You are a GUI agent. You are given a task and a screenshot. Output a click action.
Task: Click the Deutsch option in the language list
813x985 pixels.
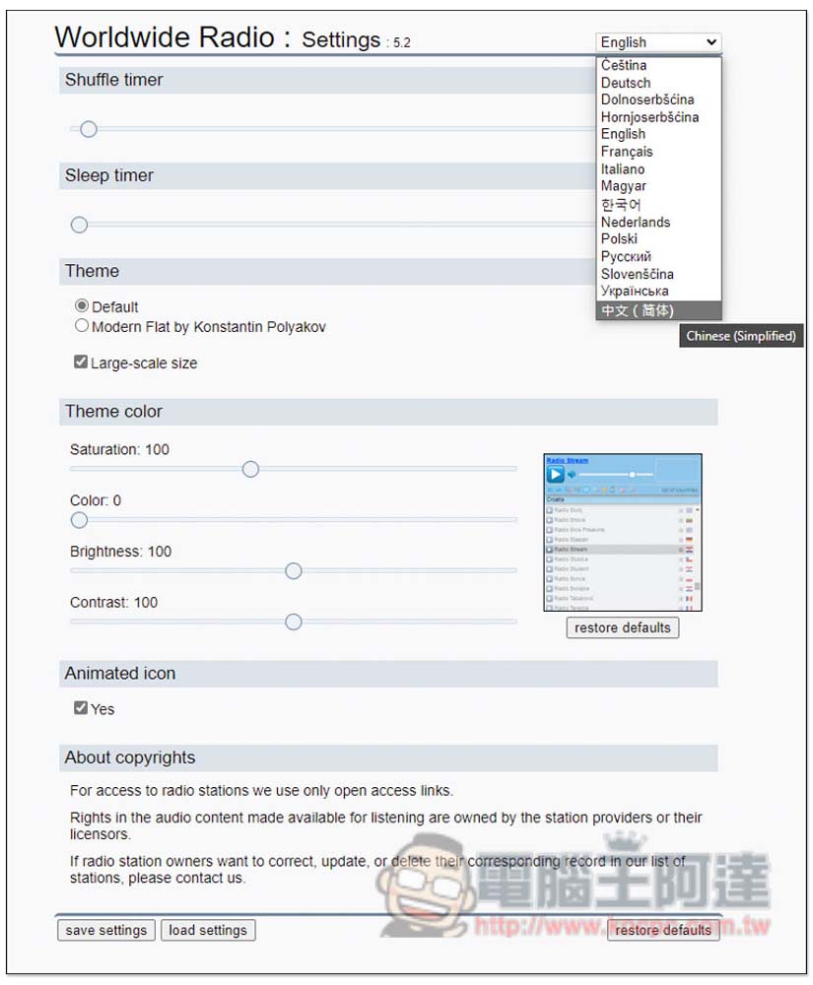click(x=626, y=83)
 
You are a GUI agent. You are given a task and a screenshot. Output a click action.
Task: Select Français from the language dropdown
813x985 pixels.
click(x=627, y=152)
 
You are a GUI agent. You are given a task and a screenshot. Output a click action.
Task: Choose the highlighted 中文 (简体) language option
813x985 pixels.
click(x=638, y=310)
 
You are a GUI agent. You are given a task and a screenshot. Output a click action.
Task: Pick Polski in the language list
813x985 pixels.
click(x=619, y=238)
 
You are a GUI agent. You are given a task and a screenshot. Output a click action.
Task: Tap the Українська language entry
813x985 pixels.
click(x=635, y=291)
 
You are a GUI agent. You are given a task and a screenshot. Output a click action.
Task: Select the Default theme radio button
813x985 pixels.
click(x=82, y=306)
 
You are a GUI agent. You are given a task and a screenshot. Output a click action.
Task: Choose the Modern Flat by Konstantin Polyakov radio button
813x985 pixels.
click(x=82, y=325)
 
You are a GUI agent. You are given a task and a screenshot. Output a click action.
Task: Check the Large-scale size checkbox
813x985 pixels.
click(x=81, y=362)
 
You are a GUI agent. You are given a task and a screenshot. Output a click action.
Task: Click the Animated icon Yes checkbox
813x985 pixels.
click(x=81, y=708)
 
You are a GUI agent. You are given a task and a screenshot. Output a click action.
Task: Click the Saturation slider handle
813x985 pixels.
click(x=250, y=469)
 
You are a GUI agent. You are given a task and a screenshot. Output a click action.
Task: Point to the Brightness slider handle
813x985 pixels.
click(x=293, y=571)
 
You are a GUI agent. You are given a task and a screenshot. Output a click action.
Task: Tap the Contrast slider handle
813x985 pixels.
click(x=293, y=622)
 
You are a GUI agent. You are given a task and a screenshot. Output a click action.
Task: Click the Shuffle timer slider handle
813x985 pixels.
click(x=89, y=129)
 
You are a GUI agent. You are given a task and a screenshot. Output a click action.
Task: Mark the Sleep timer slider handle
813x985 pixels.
click(x=79, y=225)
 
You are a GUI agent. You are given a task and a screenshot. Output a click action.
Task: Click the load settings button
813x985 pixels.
click(x=208, y=930)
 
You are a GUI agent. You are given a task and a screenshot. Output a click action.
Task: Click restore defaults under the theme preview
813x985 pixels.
click(x=622, y=627)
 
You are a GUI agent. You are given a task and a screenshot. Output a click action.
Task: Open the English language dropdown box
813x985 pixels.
click(x=658, y=42)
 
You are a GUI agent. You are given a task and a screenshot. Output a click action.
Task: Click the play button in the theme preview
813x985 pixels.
click(x=556, y=475)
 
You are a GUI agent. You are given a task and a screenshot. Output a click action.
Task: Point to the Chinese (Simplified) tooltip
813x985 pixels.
click(x=741, y=336)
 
